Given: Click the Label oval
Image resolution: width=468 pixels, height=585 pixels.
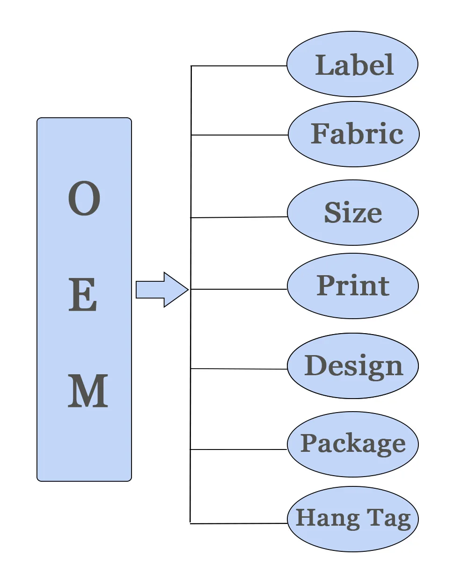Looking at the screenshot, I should [352, 64].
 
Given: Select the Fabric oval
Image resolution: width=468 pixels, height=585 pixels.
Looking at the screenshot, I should [353, 134].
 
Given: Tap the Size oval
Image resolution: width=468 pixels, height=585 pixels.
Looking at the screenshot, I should [352, 213].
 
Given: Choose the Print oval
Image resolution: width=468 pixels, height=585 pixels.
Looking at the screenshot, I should [352, 286].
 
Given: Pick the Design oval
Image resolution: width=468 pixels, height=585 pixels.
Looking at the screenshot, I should [352, 366].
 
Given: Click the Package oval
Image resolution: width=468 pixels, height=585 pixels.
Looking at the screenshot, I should [352, 444].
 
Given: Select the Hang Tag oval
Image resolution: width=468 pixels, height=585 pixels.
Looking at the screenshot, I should [352, 519].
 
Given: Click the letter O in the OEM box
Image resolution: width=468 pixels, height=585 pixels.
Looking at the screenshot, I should [84, 199].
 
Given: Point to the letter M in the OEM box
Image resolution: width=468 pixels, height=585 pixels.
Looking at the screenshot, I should [88, 391].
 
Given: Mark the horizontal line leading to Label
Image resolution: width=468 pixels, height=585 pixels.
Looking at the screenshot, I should [239, 66].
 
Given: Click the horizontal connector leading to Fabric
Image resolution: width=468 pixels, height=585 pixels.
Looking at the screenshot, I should [239, 135].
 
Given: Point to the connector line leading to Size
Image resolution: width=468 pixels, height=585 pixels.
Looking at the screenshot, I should [239, 217].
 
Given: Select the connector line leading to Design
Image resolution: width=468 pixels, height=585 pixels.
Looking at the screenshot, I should [239, 369].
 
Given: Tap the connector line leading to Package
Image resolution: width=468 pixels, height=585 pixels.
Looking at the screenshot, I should [239, 449].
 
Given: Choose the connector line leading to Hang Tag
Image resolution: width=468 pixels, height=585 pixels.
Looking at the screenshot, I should [239, 523].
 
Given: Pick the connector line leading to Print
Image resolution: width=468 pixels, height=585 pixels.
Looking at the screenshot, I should [239, 289].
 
